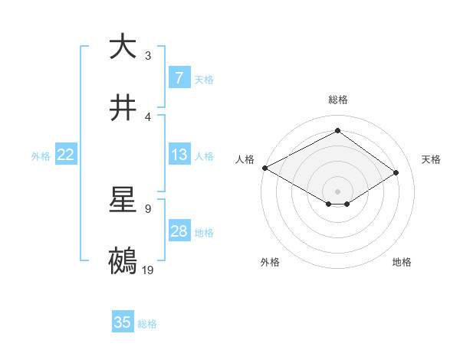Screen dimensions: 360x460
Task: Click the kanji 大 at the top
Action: click(x=123, y=47)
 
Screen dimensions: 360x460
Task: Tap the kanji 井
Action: click(x=123, y=108)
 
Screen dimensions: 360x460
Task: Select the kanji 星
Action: click(x=123, y=200)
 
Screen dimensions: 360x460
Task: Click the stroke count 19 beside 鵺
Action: click(x=148, y=270)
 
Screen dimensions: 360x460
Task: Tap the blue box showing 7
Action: click(x=179, y=78)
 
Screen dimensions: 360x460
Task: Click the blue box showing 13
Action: click(x=179, y=155)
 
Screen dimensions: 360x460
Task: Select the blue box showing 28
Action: click(x=179, y=231)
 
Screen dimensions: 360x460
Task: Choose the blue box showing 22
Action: click(x=66, y=155)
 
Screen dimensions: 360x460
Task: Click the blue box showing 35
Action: click(x=123, y=322)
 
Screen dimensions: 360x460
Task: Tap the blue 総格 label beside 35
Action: click(x=147, y=324)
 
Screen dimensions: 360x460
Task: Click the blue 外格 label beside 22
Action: click(x=41, y=155)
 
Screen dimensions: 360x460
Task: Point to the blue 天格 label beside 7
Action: click(x=204, y=79)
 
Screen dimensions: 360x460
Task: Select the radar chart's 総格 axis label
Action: click(x=337, y=100)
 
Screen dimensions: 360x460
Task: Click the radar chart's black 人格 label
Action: click(x=245, y=159)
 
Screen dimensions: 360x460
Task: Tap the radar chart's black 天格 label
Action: click(x=431, y=159)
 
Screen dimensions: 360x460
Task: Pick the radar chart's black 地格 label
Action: click(x=402, y=262)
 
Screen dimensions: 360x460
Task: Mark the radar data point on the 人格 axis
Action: click(x=264, y=168)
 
